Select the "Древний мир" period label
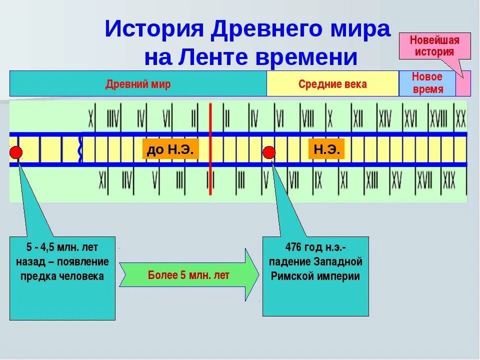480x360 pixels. coord(138,84)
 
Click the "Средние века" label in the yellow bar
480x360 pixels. coord(332,84)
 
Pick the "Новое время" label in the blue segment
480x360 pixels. coord(427,83)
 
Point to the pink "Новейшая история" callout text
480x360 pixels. coord(434,45)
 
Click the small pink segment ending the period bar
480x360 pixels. coord(463,83)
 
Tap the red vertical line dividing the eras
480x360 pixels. coord(210,149)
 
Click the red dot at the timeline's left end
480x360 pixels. coord(16,152)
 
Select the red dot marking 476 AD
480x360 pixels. coord(269,152)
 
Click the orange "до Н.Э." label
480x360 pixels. coord(170,149)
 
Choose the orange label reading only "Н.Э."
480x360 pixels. coord(327,149)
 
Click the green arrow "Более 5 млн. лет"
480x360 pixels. coord(189,275)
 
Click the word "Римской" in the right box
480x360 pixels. coord(291,276)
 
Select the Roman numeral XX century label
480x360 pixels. coord(460,119)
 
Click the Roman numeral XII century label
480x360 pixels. coord(358,119)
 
